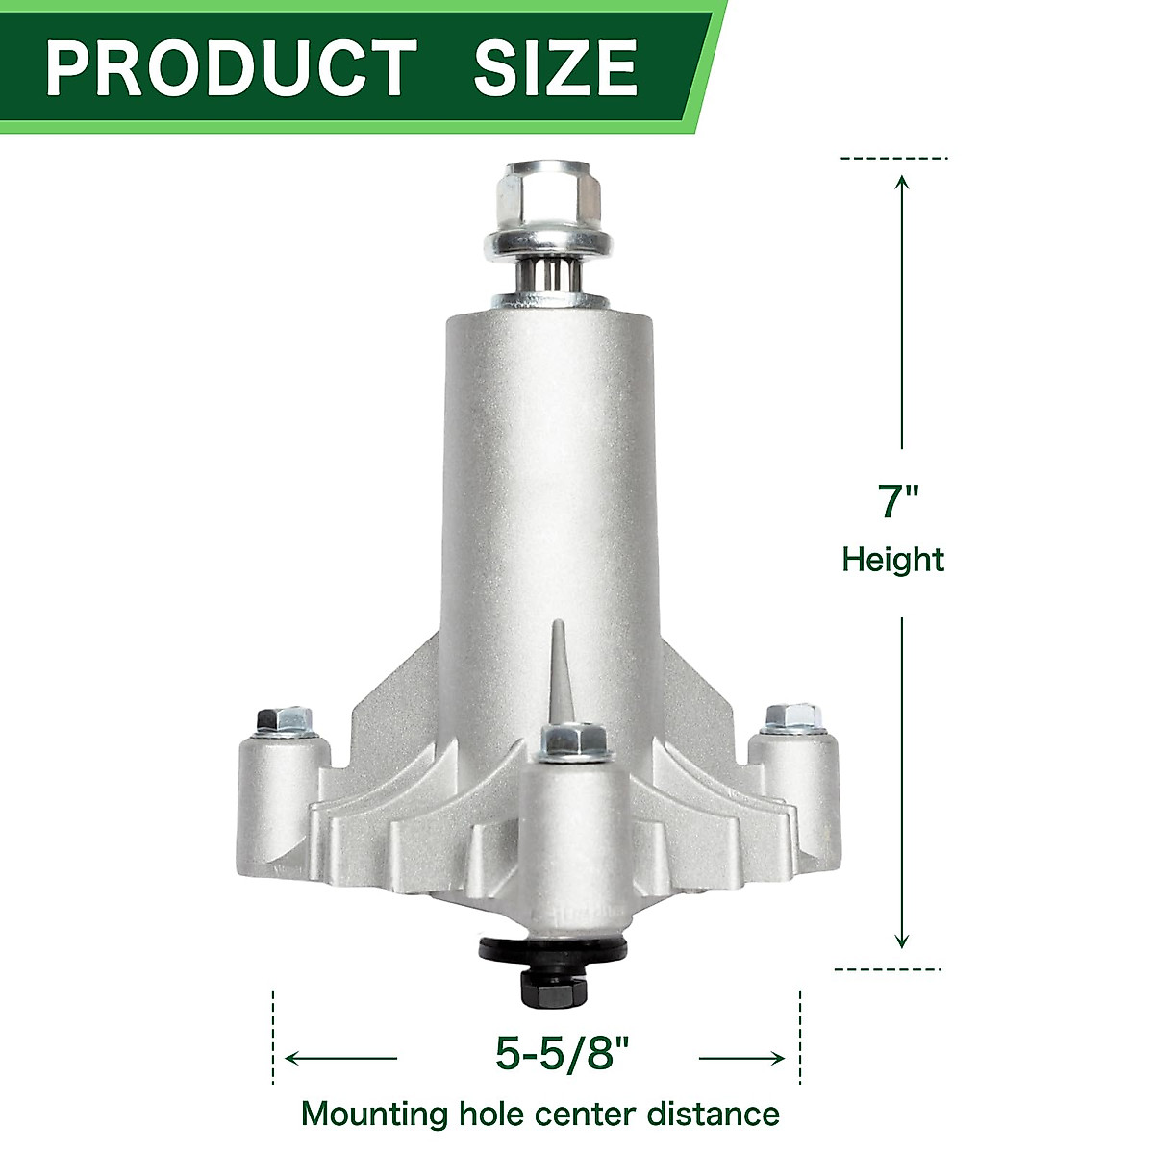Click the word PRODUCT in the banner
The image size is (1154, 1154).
tap(231, 67)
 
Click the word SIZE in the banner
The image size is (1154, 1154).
tap(555, 67)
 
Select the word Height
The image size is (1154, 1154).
tap(893, 560)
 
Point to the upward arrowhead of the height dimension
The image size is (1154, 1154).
tap(901, 183)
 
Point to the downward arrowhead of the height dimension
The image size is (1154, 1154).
tap(901, 942)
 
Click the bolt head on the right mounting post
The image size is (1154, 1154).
tap(793, 717)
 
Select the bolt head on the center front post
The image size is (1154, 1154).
tap(573, 740)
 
